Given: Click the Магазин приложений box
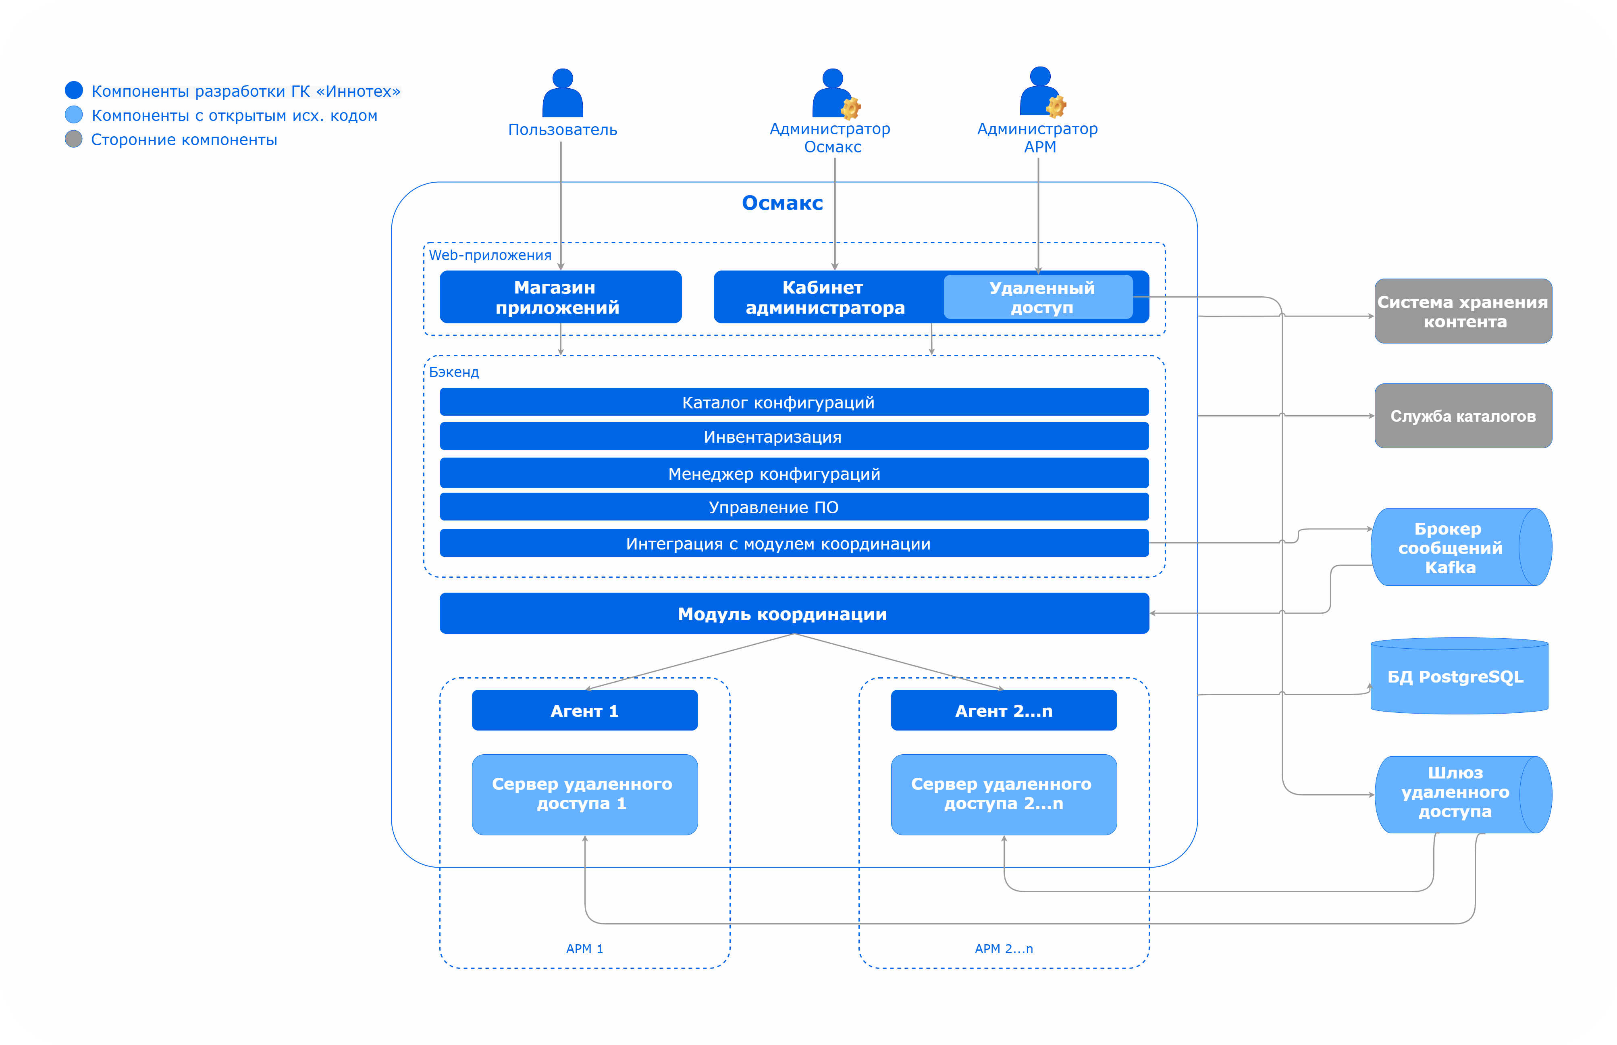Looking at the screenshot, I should (560, 297).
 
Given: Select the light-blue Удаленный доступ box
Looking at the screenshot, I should (1038, 297).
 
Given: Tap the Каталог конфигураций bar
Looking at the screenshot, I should (794, 402).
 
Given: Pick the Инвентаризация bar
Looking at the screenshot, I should (794, 436).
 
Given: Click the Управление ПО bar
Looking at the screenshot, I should (794, 507).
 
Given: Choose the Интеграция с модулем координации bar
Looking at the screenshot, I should (794, 543).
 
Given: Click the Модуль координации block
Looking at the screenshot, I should (794, 614).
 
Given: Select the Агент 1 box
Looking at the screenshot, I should (585, 710).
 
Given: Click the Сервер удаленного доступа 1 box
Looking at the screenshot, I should (585, 794).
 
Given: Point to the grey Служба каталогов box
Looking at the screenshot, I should (1463, 416).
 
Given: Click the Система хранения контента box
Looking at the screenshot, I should (1463, 312).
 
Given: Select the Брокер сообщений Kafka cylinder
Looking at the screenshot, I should (1451, 547).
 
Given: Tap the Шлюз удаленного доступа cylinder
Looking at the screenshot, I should (1455, 794).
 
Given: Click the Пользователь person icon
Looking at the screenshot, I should (562, 95).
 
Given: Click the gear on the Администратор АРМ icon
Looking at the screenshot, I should (1056, 106).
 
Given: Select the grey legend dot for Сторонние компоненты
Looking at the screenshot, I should (73, 139).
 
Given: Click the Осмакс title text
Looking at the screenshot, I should (782, 203).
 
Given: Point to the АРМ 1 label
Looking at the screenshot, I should (585, 949).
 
